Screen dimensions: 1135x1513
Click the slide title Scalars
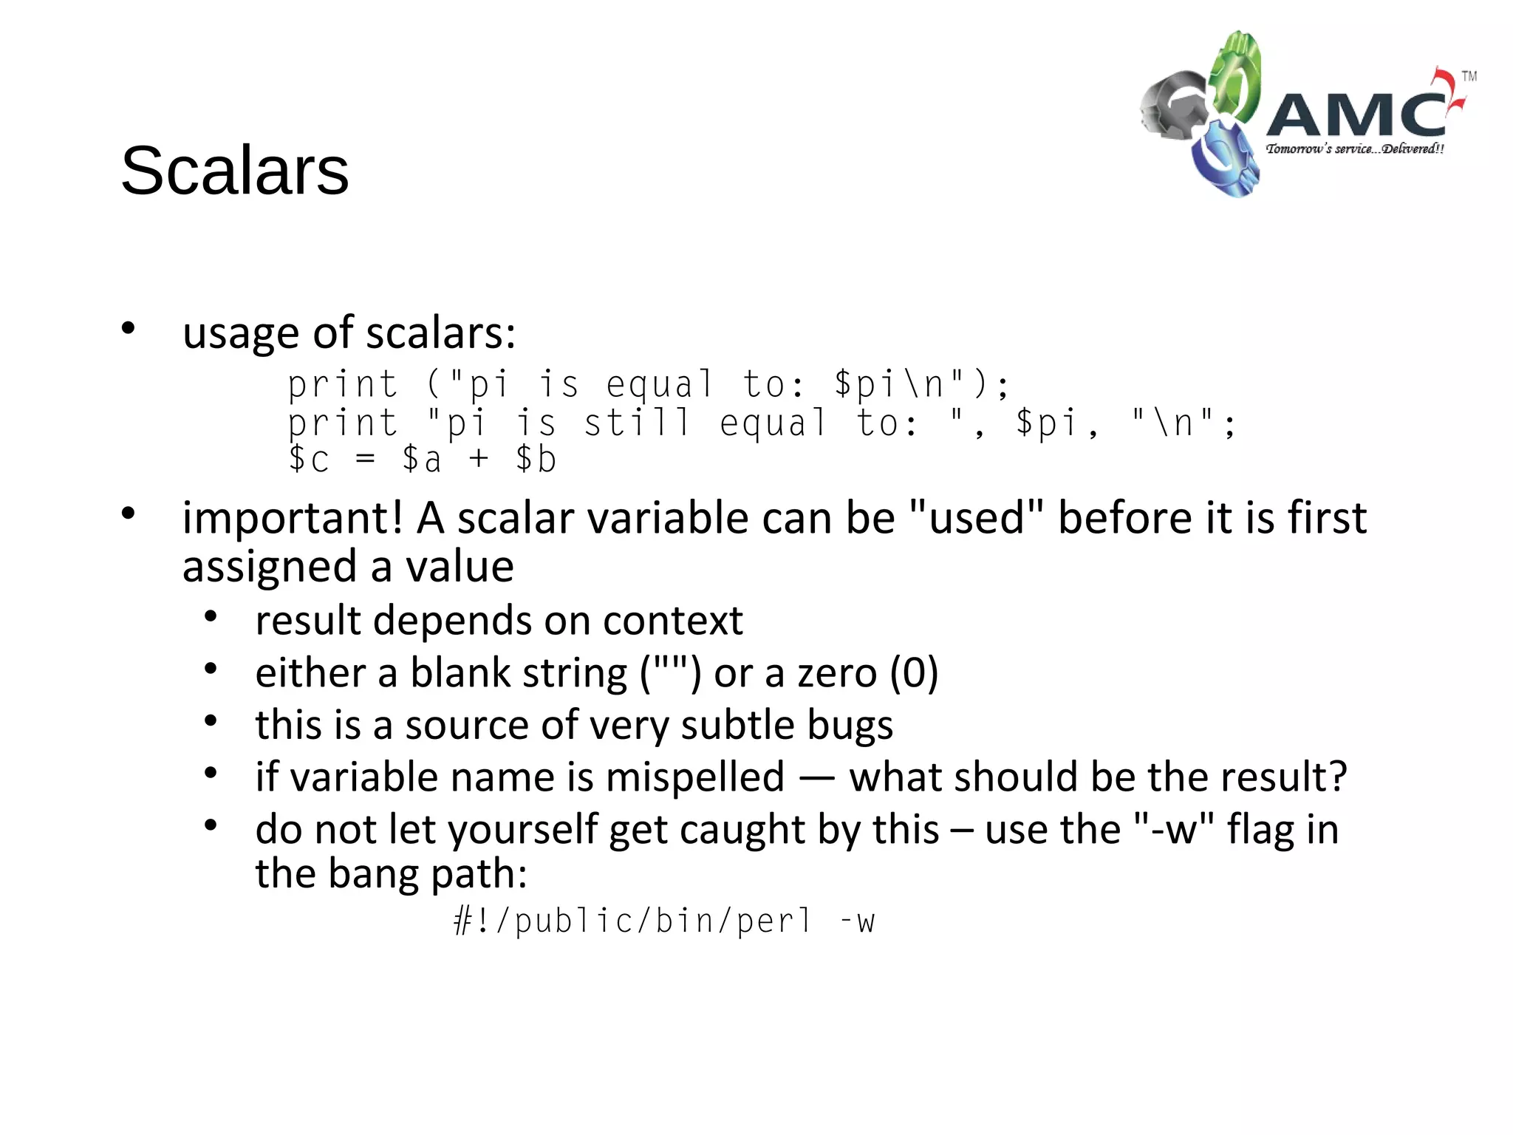tap(234, 171)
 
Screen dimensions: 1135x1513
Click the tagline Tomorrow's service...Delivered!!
tap(1354, 149)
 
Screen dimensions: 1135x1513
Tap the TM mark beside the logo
tap(1469, 76)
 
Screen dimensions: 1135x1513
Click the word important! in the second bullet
tap(293, 518)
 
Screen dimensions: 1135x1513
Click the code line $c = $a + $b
tap(422, 460)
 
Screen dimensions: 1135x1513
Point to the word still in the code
tap(637, 423)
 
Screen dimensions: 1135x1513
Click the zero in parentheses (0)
tap(914, 673)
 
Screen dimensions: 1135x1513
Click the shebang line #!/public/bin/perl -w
tap(663, 921)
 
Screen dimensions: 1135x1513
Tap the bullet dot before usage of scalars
tap(129, 328)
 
